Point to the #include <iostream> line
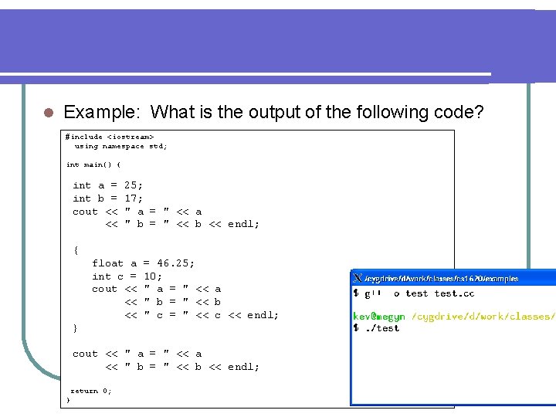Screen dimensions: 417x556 click(x=104, y=137)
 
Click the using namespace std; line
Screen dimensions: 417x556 click(x=120, y=146)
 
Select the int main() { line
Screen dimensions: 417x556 click(x=98, y=164)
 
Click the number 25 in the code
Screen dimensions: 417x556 click(x=131, y=185)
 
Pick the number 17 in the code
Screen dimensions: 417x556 click(x=131, y=198)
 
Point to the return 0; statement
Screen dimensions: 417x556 click(x=90, y=391)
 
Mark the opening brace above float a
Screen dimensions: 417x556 click(x=75, y=250)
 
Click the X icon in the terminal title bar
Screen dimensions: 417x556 click(x=358, y=278)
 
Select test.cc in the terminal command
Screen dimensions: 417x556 click(x=454, y=293)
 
